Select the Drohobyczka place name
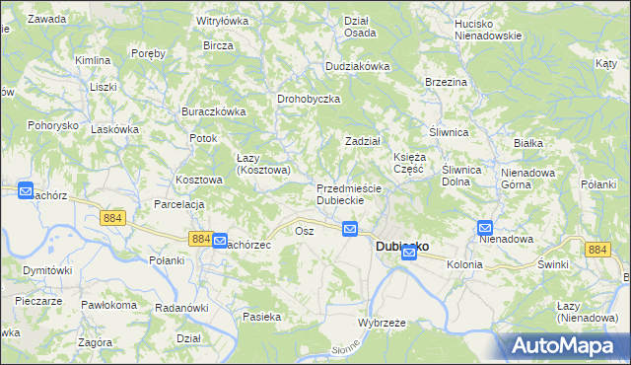click(x=309, y=100)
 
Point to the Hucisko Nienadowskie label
click(x=487, y=29)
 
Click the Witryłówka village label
click(x=223, y=20)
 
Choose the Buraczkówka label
click(x=213, y=111)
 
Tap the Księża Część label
click(x=409, y=163)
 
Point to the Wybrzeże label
click(x=383, y=323)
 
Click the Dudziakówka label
click(x=359, y=66)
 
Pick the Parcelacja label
click(x=178, y=204)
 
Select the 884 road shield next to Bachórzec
click(x=200, y=239)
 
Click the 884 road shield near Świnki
click(x=596, y=250)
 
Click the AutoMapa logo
click(x=566, y=346)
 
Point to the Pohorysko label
click(x=52, y=126)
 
